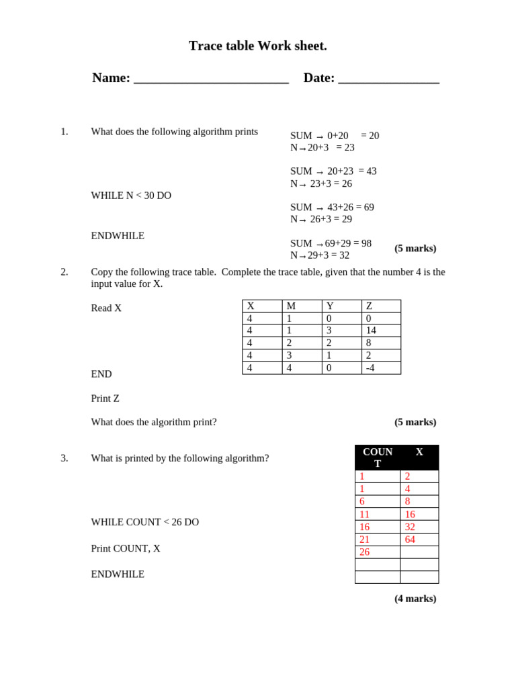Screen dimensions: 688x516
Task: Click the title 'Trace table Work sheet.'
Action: (x=257, y=46)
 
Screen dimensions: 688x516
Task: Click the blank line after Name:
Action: (x=211, y=79)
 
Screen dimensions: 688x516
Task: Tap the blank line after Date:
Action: (x=388, y=79)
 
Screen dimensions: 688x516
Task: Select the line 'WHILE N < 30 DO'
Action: (x=131, y=196)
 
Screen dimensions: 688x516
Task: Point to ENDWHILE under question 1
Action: (x=118, y=236)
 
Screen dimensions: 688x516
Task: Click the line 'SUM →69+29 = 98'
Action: (x=331, y=243)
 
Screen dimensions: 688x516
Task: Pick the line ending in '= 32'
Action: (x=320, y=255)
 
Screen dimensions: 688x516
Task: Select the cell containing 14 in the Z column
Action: (x=380, y=331)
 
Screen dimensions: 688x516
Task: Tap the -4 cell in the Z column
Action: (x=380, y=368)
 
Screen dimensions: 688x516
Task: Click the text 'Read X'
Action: (x=106, y=308)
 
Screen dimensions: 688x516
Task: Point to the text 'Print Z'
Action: (x=105, y=398)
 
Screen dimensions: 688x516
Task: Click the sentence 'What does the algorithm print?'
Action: (x=154, y=422)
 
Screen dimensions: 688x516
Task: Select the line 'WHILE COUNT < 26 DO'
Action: (x=144, y=522)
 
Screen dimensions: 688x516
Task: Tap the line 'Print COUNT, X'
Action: (x=126, y=548)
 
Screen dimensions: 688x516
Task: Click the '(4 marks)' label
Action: (x=415, y=599)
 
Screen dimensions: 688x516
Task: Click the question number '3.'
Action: (x=64, y=458)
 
